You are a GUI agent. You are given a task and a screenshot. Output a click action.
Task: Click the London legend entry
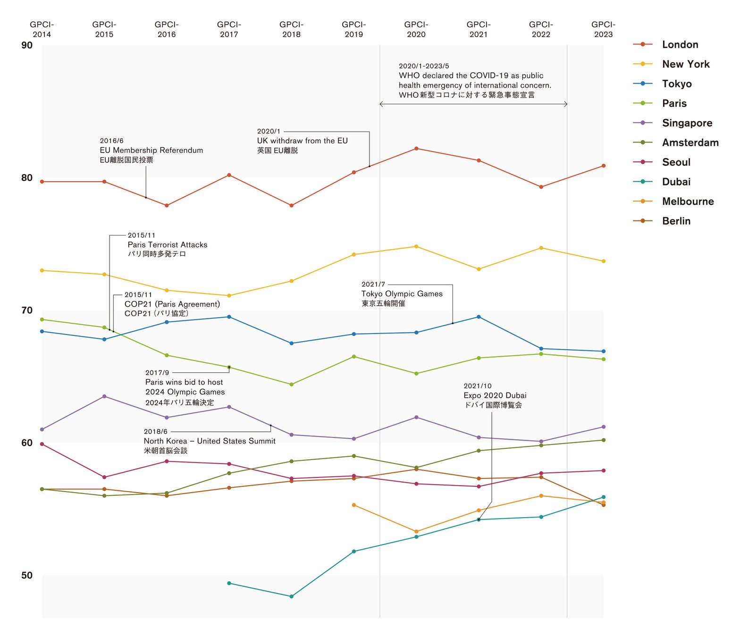[x=680, y=44]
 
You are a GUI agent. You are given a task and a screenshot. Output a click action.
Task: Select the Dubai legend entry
[x=676, y=182]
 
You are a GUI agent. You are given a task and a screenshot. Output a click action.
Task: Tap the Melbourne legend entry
[x=688, y=201]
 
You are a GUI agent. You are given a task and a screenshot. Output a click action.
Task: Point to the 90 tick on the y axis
[x=27, y=45]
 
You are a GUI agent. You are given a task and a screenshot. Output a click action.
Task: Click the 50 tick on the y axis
[x=27, y=575]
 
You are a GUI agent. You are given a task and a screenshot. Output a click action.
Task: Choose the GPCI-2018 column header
[x=291, y=29]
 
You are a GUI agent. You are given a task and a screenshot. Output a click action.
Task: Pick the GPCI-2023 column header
[x=603, y=29]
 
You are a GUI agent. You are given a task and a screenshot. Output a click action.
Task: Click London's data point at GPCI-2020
[x=416, y=149]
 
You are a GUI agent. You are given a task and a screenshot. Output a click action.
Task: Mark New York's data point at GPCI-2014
[x=42, y=270]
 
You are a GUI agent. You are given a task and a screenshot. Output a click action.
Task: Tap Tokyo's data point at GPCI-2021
[x=479, y=317]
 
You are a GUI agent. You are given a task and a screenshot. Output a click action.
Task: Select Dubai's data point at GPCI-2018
[x=291, y=596]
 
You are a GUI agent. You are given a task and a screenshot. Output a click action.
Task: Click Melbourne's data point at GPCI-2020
[x=416, y=532]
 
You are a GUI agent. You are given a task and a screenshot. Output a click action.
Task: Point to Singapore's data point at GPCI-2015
[x=104, y=396]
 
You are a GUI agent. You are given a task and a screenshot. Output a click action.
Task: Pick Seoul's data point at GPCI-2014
[x=42, y=444]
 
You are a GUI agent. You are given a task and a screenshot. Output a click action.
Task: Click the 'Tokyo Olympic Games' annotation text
[x=402, y=293]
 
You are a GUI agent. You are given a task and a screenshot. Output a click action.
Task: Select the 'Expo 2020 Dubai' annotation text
[x=495, y=395]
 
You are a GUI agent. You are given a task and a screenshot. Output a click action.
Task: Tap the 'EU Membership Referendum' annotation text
[x=151, y=150]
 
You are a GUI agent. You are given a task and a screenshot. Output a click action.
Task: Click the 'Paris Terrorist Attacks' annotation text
[x=167, y=244]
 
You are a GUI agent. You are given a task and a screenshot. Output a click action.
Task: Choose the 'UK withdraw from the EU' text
[x=302, y=141]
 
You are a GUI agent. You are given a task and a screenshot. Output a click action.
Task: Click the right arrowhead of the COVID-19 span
[x=566, y=104]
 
